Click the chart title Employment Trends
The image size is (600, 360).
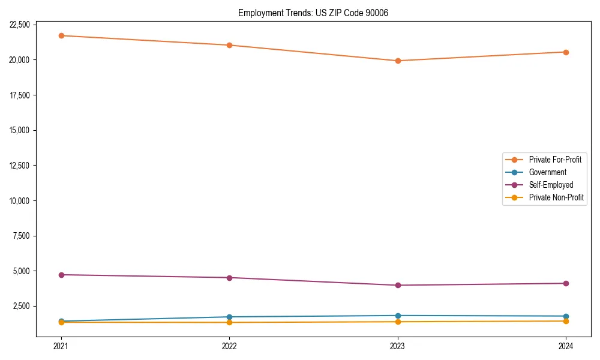coord(313,13)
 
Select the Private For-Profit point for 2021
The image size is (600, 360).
coord(61,35)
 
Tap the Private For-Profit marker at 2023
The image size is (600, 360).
coord(398,61)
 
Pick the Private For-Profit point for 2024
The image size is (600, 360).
coord(566,52)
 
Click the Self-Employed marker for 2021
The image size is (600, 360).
coord(61,275)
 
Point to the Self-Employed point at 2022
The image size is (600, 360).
coord(229,278)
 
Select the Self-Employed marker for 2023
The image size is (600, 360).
coord(398,285)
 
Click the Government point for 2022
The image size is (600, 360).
coord(229,317)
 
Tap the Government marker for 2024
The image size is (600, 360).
coord(566,316)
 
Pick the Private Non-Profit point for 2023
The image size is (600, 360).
coord(398,322)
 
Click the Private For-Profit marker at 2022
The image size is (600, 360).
coord(229,45)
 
